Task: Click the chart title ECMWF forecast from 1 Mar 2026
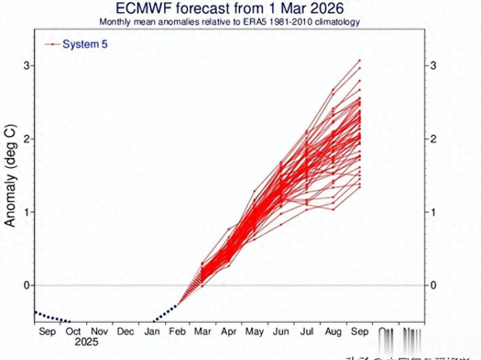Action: (229, 9)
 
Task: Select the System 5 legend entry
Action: (84, 44)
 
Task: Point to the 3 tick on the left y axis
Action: (27, 66)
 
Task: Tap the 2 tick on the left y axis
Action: (27, 139)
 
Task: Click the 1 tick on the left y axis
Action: (27, 212)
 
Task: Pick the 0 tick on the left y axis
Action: (27, 285)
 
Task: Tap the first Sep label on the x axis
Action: (47, 331)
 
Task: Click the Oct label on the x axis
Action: (74, 331)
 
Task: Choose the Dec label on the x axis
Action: (125, 331)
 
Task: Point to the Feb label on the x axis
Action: (177, 331)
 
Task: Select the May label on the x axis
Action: (255, 331)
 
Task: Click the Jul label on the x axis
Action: (307, 331)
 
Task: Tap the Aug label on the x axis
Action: (333, 331)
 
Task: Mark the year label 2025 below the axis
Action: (86, 342)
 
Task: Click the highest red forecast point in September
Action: (359, 60)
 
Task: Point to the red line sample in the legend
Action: (52, 44)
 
